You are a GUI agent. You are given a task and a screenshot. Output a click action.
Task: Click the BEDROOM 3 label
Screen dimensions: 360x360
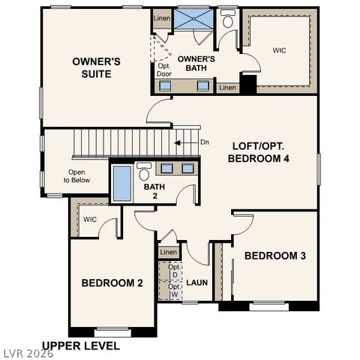(x=275, y=256)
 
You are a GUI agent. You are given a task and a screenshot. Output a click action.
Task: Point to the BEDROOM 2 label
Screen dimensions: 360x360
(x=112, y=283)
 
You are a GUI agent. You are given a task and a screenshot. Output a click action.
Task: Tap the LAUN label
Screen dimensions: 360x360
(x=197, y=283)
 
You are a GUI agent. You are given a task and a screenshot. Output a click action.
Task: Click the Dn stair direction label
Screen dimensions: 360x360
(x=205, y=142)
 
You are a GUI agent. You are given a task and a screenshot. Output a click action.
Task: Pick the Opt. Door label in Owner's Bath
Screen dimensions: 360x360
(x=164, y=70)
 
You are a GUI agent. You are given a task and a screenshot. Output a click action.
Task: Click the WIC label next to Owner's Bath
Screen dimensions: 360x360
(x=279, y=50)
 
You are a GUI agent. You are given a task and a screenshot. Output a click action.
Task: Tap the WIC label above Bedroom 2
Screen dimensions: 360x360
(x=90, y=220)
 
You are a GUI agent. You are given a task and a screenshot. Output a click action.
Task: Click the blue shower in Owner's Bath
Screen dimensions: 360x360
(x=193, y=19)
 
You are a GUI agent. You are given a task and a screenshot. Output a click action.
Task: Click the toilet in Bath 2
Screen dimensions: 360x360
(x=144, y=172)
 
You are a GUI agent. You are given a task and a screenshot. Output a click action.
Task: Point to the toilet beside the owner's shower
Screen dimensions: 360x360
(x=228, y=19)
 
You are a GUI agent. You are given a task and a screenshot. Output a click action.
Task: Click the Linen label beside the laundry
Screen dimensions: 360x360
(x=169, y=252)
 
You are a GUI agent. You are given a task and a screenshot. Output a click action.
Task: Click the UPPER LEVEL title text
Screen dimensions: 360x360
(x=80, y=346)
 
